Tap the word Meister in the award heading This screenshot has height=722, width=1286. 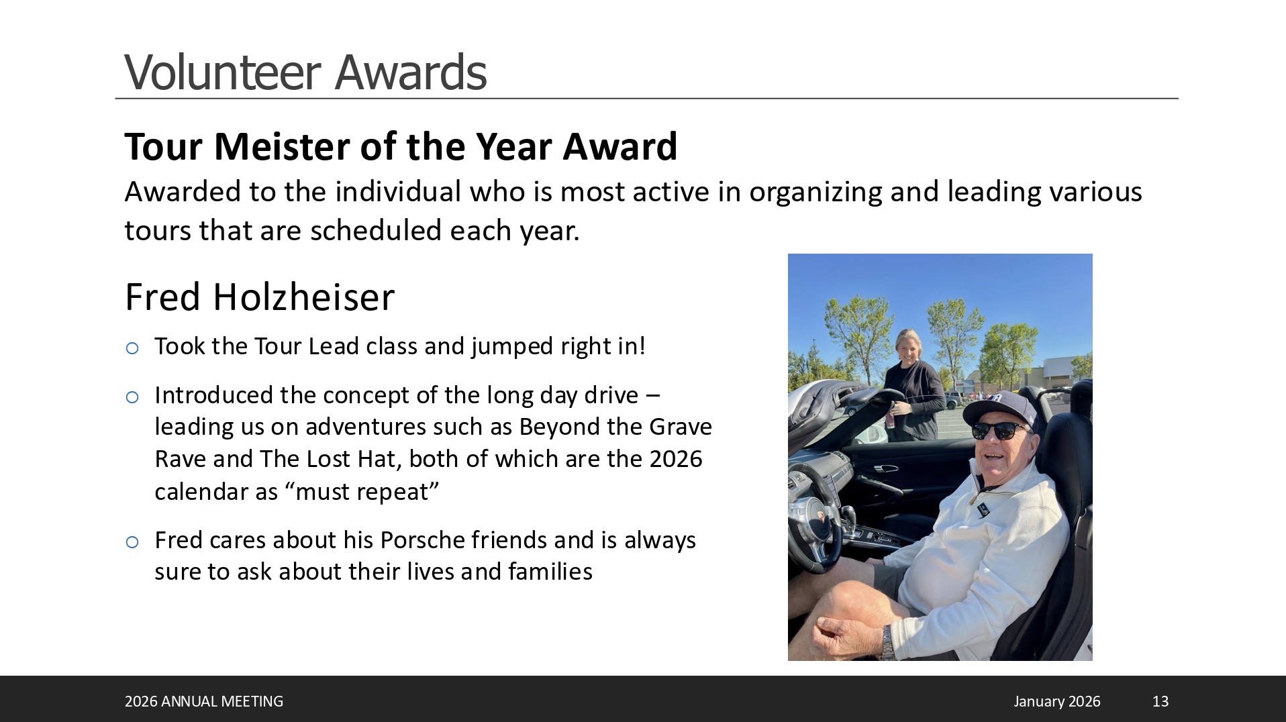point(281,146)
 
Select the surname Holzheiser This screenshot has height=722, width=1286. point(304,297)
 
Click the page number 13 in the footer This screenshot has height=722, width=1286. point(1160,701)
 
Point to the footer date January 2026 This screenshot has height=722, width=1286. point(1056,701)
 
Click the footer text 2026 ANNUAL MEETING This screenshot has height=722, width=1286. point(204,701)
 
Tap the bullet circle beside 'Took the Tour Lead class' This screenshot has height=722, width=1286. point(132,348)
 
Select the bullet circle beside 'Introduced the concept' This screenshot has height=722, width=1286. point(132,397)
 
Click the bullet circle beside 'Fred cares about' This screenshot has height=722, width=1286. point(132,542)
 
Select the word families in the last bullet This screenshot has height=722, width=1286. point(550,572)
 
